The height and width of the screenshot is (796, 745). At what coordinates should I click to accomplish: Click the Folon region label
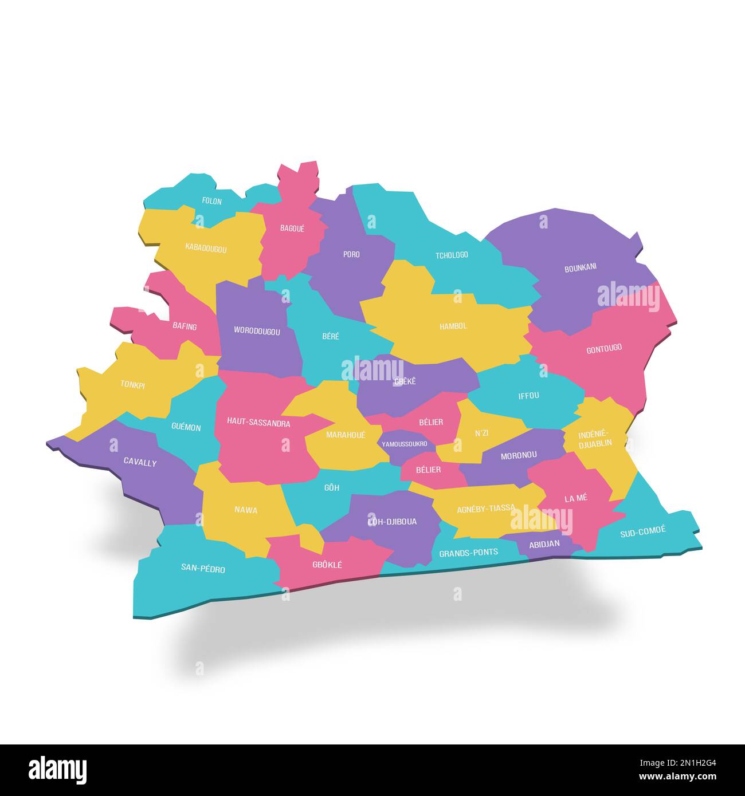click(211, 201)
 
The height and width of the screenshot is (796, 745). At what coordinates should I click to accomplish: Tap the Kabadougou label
click(206, 249)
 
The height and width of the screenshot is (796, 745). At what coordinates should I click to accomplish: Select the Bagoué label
click(292, 228)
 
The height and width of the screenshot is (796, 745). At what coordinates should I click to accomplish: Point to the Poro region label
click(351, 254)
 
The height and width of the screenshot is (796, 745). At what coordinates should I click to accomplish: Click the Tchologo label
click(452, 255)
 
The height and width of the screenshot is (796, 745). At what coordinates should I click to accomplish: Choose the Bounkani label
click(581, 267)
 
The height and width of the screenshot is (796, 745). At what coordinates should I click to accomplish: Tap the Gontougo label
click(604, 348)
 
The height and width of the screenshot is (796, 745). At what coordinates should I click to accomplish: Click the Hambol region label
click(453, 326)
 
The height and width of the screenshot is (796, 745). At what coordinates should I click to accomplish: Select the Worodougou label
click(257, 331)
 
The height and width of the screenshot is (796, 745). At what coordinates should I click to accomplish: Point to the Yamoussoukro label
click(405, 443)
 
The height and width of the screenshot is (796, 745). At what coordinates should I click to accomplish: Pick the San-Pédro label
click(203, 569)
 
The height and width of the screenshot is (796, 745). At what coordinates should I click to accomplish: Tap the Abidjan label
click(544, 544)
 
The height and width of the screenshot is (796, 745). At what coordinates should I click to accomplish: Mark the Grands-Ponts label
click(468, 553)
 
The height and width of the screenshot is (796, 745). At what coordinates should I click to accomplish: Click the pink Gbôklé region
click(327, 564)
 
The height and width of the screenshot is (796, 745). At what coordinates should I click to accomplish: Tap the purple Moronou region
click(519, 455)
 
